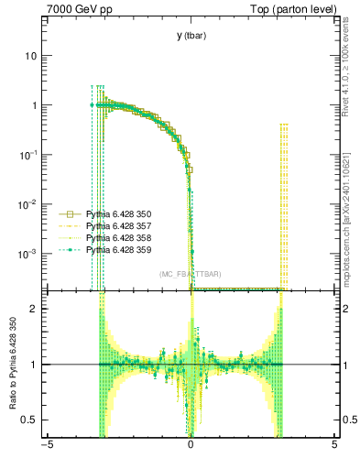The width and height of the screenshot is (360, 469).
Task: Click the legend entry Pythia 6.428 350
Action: coord(112,212)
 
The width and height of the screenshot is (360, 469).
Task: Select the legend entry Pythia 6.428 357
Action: coord(112,224)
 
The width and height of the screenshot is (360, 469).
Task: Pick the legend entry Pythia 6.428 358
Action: coord(112,236)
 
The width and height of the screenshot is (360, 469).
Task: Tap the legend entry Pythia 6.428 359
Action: coord(112,249)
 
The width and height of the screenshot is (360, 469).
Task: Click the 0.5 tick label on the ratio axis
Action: coord(33,420)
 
